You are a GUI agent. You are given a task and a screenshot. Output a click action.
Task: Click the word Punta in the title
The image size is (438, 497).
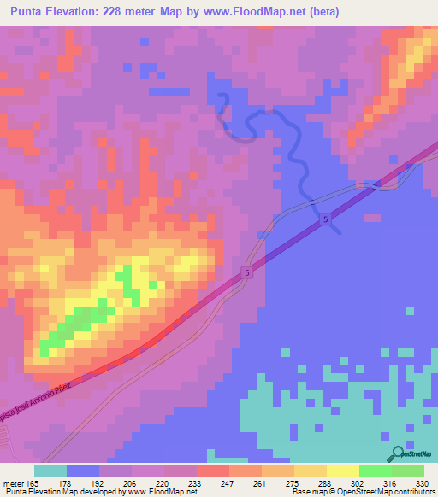click(30, 12)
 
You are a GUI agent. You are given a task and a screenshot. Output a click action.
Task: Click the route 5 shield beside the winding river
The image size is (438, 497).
click(326, 220)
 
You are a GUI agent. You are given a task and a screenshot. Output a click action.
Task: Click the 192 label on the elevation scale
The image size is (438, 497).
click(99, 482)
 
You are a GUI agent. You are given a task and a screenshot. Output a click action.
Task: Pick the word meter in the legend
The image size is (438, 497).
click(13, 482)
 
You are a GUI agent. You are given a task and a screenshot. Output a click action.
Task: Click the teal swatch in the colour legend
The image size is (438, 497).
click(50, 471)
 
